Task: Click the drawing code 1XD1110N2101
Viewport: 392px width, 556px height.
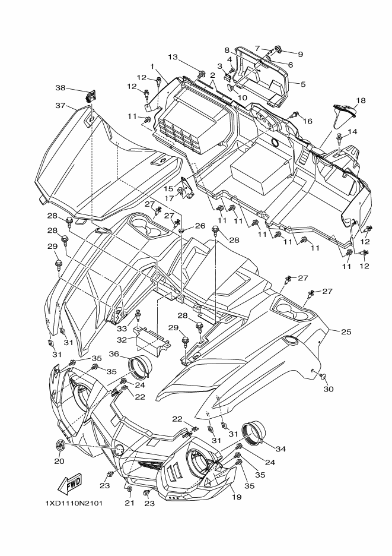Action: [74, 504]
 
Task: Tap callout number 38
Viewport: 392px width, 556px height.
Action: [60, 87]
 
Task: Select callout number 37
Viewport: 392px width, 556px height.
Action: [60, 105]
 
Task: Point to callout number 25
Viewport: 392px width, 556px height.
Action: [346, 331]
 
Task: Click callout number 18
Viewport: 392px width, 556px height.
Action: [361, 100]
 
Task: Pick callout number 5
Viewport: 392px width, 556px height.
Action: [303, 84]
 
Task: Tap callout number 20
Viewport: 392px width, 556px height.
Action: [59, 461]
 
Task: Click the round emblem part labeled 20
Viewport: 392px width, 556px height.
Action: [61, 445]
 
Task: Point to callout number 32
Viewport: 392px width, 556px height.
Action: [122, 340]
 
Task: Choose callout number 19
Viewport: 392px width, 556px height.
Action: [237, 497]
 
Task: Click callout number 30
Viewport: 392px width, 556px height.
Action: [329, 389]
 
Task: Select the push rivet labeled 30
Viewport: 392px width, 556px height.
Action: [321, 375]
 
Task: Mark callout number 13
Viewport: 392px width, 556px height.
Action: [173, 57]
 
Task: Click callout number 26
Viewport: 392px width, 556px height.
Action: [200, 226]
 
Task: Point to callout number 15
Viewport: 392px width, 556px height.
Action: [168, 188]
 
